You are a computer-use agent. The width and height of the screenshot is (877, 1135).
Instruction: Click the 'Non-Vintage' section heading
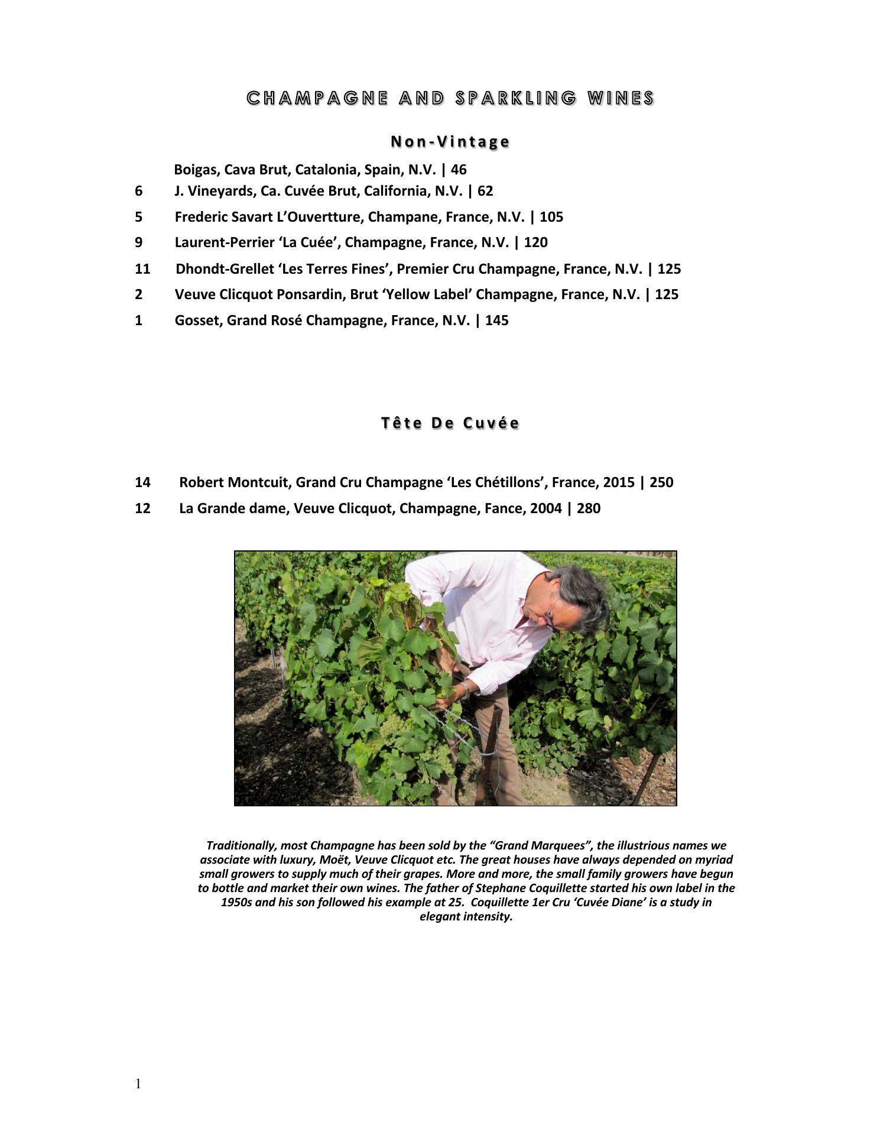450,142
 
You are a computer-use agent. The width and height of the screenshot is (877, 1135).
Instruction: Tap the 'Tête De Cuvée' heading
450,423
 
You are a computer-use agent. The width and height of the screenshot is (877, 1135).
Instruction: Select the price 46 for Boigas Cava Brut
459,170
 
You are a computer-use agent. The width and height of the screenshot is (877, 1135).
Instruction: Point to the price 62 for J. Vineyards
485,192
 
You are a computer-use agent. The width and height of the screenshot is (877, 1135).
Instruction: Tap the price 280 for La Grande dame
589,508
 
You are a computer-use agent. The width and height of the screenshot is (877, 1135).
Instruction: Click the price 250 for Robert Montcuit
661,482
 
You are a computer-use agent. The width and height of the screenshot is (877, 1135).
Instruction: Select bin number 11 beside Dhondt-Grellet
142,269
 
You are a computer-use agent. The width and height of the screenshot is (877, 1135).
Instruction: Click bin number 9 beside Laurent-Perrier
139,242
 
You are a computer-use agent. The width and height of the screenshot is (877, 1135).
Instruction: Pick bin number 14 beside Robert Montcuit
142,482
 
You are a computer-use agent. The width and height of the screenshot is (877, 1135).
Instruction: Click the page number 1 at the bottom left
138,1084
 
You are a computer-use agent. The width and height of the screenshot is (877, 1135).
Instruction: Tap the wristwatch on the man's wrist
466,689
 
